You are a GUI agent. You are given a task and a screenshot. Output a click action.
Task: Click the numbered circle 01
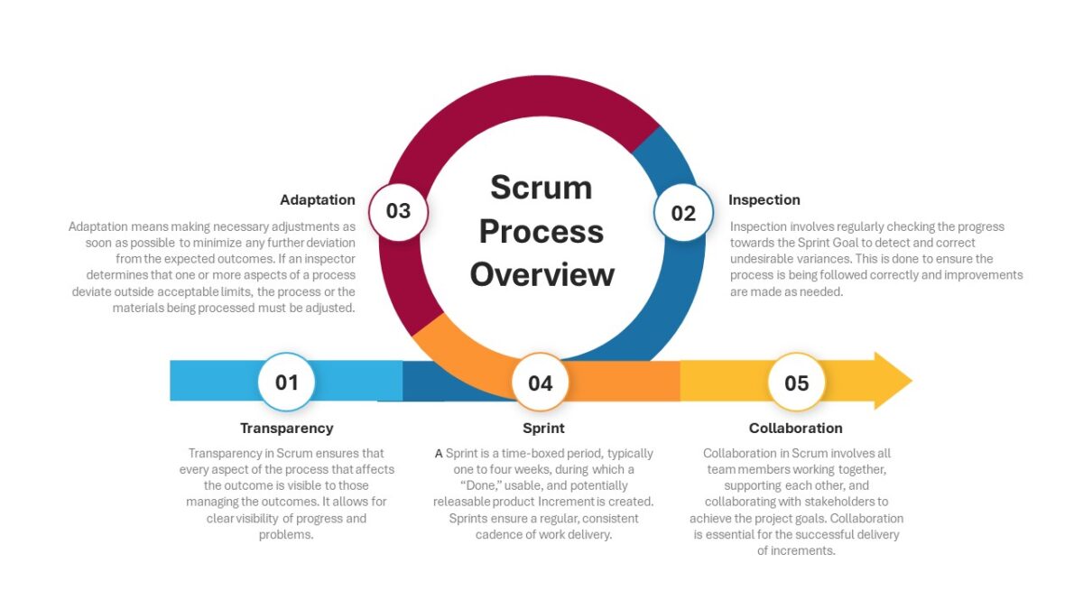tap(286, 382)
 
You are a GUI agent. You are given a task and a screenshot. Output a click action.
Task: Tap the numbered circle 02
tap(683, 213)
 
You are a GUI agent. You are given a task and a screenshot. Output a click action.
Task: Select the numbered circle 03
tap(398, 212)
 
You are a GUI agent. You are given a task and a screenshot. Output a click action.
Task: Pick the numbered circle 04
tap(540, 383)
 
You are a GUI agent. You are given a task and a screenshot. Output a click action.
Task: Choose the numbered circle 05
tap(796, 383)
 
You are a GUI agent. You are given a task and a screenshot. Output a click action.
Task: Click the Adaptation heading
tap(317, 199)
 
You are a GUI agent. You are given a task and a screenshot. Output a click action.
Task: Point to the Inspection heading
tap(764, 199)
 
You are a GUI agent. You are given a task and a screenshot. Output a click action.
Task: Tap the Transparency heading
tap(287, 429)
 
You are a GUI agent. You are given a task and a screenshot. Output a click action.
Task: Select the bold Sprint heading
tap(543, 429)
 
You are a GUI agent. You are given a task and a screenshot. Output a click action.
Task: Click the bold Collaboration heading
tap(796, 429)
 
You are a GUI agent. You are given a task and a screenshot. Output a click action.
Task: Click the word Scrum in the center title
tap(541, 187)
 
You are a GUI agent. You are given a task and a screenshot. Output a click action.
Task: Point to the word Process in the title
tap(541, 231)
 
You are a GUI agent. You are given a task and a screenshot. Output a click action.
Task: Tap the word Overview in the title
tap(542, 274)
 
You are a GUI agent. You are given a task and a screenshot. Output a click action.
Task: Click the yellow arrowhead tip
tap(912, 381)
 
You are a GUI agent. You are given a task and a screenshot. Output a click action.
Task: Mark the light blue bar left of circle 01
tap(214, 381)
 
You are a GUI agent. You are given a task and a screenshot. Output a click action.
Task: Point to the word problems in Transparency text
tap(286, 534)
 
